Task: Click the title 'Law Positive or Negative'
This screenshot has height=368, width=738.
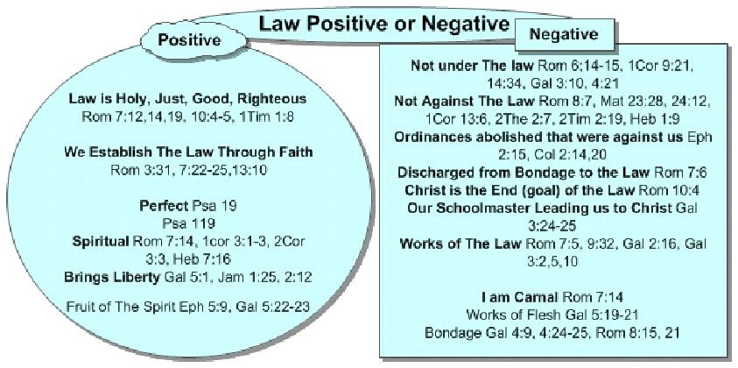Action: [384, 24]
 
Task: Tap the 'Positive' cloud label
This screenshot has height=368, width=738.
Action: [189, 40]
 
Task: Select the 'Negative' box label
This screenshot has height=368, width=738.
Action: [564, 34]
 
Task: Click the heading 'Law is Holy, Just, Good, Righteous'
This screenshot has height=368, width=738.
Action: [187, 99]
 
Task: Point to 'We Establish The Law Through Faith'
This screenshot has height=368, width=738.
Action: [188, 152]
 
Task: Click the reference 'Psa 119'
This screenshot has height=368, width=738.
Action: [188, 223]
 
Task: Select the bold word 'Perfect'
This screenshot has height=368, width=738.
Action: [165, 206]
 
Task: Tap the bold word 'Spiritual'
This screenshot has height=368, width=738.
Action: [101, 242]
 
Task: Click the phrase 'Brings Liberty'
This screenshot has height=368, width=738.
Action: [112, 277]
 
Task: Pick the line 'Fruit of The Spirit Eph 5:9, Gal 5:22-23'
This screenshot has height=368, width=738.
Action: [188, 307]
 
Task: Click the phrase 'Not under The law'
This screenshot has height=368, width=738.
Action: [473, 66]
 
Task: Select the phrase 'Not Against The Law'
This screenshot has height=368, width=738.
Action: [465, 102]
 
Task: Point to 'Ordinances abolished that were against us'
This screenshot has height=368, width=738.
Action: [538, 137]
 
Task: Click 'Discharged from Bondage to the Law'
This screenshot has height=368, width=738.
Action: [524, 173]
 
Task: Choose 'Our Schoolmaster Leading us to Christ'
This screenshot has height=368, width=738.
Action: [539, 209]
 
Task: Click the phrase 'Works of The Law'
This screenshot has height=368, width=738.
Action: [460, 244]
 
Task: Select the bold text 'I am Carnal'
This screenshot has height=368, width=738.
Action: [519, 297]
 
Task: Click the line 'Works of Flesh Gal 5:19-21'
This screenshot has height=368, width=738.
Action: [552, 315]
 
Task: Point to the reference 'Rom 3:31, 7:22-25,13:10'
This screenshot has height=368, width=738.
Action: [188, 170]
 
